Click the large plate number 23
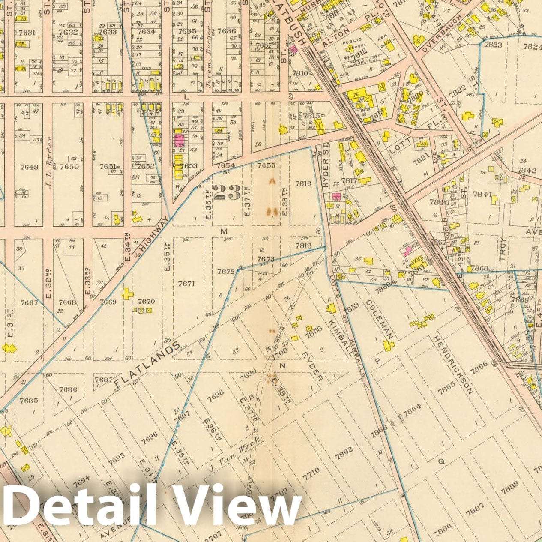(x=227, y=192)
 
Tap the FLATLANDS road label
(x=147, y=363)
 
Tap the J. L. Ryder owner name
(x=49, y=157)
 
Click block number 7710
(x=311, y=472)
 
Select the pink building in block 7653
(x=179, y=140)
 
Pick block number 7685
(x=29, y=401)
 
